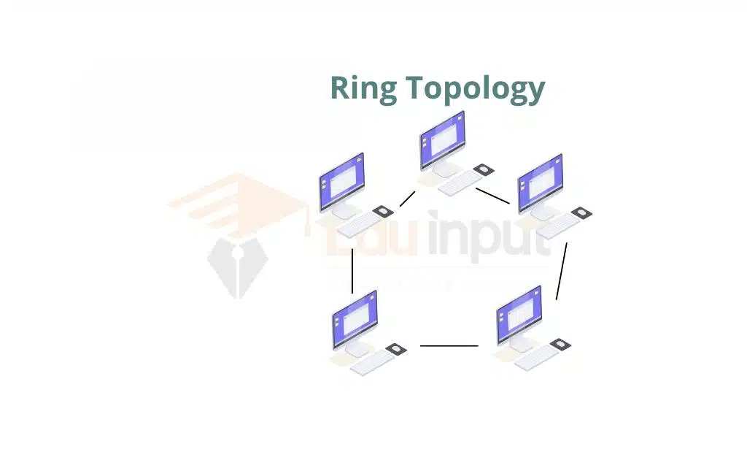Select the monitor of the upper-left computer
[341, 182]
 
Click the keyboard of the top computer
[460, 184]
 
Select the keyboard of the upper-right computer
[559, 227]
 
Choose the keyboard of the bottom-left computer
[372, 362]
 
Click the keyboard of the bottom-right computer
[535, 358]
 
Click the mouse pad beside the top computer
[481, 169]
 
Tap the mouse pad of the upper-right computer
[581, 212]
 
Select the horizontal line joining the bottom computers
[449, 346]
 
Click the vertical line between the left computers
[352, 271]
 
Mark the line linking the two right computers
[562, 271]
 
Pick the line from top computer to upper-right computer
[492, 196]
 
